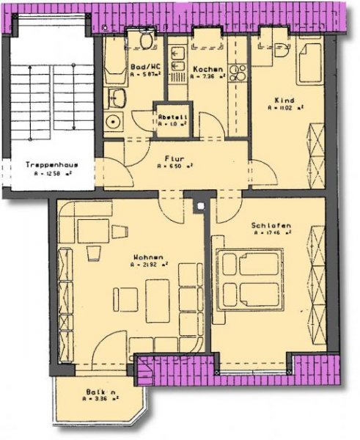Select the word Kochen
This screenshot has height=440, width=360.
pyautogui.click(x=202, y=69)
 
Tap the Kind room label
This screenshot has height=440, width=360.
pyautogui.click(x=284, y=99)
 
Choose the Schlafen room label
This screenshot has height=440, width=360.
pyautogui.click(x=271, y=224)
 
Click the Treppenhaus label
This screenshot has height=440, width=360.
pyautogui.click(x=45, y=164)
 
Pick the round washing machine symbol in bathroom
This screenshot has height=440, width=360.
pyautogui.click(x=112, y=122)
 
